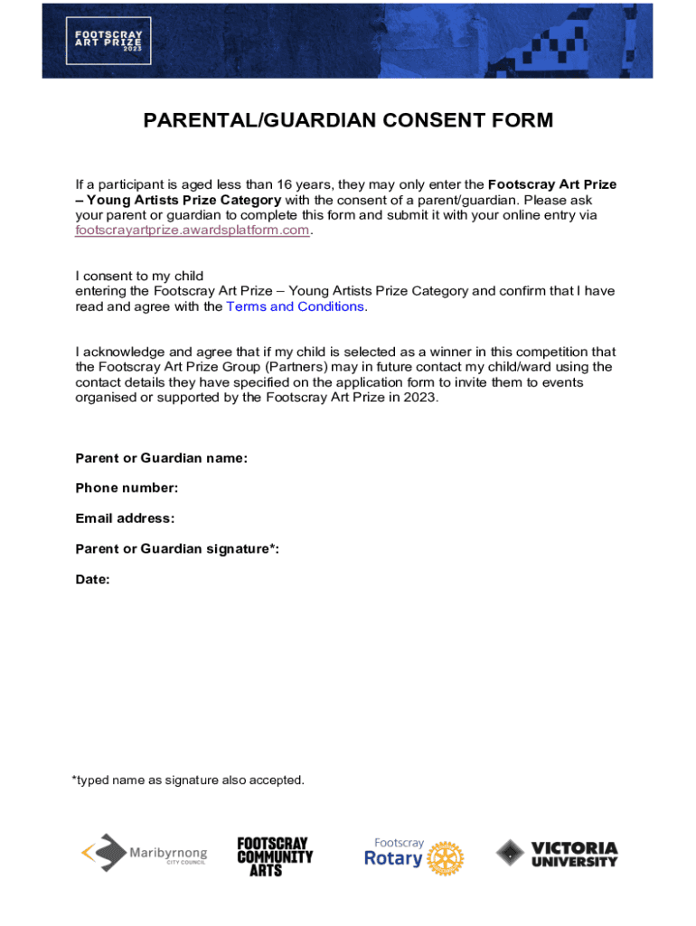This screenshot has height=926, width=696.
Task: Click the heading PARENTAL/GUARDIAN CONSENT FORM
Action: coord(348,120)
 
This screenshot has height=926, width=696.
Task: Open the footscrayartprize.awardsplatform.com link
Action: coord(193,230)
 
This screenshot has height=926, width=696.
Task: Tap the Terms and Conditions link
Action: coord(296,306)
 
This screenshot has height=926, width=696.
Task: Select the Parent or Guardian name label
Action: coord(161,458)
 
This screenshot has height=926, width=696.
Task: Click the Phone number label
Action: coord(127,488)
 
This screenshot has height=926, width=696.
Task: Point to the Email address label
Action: coord(125,518)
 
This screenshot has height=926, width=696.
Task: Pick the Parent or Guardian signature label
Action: coord(177,549)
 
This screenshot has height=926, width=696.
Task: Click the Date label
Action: coord(92,580)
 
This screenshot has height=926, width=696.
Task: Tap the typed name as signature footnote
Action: coord(188,780)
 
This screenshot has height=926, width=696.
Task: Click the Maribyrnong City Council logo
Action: coord(145,853)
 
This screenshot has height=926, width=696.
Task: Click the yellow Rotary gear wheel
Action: coord(445,858)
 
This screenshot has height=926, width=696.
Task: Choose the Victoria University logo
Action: coord(557,854)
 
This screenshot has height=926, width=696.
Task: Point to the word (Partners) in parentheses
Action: coord(328,366)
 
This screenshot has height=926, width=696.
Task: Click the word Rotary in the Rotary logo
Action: coord(393,858)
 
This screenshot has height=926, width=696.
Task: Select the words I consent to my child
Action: coord(139,275)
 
